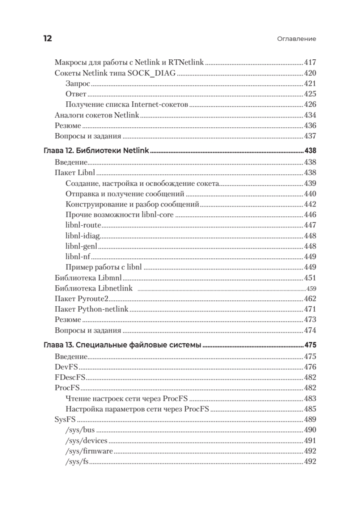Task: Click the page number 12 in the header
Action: coord(47,39)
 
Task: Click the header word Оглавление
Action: coord(297,39)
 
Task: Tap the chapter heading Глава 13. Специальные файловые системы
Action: coord(123,345)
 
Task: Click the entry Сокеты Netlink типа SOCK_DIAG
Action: coord(115,73)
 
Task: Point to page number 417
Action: coord(310,62)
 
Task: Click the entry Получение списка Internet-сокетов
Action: coord(127,104)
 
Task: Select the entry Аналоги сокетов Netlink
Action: coord(97,115)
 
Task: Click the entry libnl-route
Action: coord(83,225)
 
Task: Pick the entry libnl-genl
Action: coord(82,246)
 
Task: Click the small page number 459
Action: coord(311,289)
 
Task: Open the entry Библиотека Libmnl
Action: coord(89,278)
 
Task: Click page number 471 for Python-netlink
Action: coord(310,309)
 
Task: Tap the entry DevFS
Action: coord(66,367)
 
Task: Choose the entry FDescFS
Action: coord(70,378)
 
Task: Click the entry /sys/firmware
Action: coord(89,451)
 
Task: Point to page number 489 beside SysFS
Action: coord(310,420)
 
